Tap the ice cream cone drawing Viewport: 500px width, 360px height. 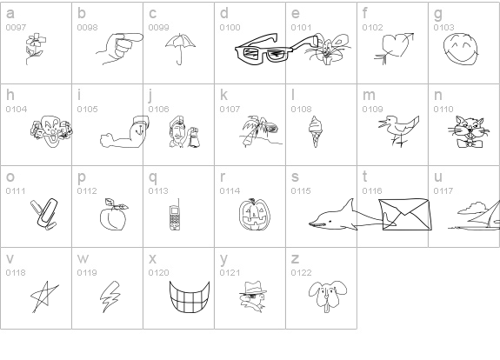click(315, 130)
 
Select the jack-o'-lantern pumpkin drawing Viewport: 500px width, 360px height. click(255, 214)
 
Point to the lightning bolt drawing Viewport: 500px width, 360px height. click(110, 297)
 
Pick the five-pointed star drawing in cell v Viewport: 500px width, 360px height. click(44, 297)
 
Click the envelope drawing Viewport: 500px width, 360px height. click(405, 214)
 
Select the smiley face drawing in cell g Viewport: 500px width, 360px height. click(461, 50)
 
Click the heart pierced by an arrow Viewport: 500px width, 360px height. click(395, 47)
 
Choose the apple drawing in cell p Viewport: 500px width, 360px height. click(113, 217)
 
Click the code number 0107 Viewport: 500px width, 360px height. click(230, 109)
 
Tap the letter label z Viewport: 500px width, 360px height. click(295, 258)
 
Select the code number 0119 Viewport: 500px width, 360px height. click(87, 273)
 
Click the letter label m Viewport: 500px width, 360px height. click(369, 95)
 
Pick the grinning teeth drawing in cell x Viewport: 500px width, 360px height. click(190, 297)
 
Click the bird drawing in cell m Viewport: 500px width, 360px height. click(398, 131)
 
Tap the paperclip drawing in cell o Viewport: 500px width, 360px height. click(45, 214)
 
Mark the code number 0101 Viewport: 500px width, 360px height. click(301, 28)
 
